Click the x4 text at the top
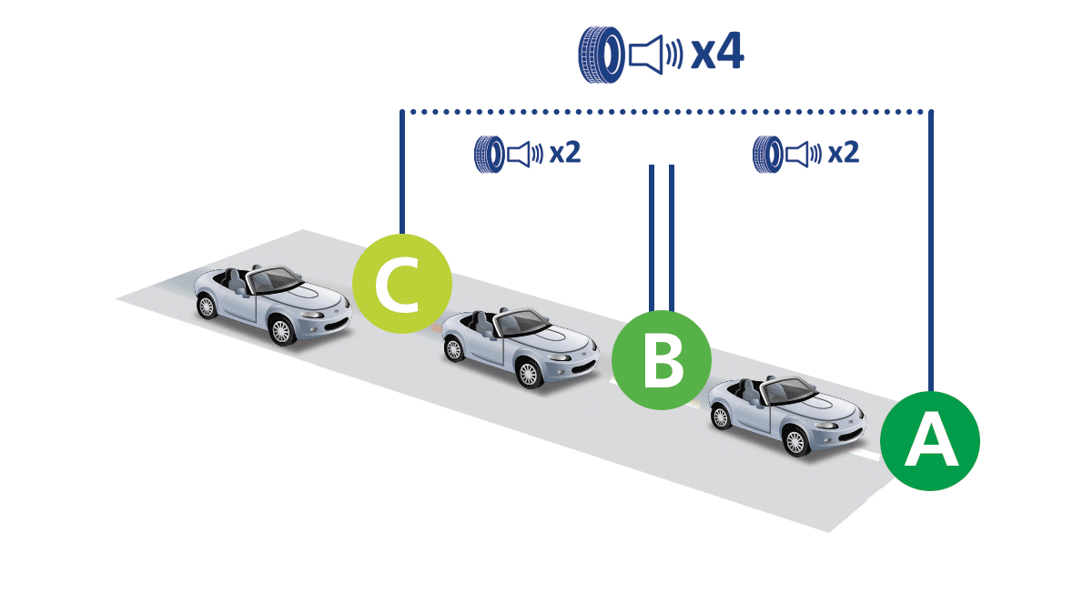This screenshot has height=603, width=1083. (717, 55)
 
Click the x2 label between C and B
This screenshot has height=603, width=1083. (564, 153)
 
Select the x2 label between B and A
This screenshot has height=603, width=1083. (844, 153)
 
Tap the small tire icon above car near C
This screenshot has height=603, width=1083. (489, 154)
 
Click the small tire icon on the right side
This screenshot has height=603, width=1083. (767, 154)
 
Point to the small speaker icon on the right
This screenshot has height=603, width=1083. (805, 154)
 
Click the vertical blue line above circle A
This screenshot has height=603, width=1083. (930, 246)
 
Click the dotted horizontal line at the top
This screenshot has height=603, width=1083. (664, 113)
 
